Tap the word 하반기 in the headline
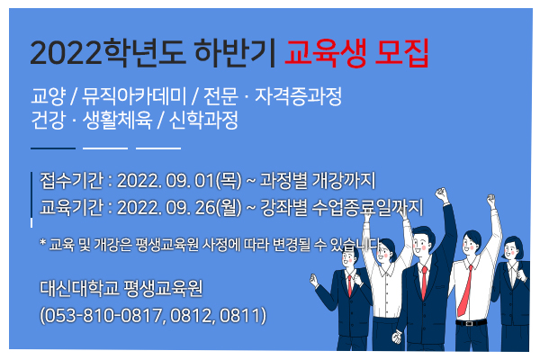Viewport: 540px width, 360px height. (x=235, y=53)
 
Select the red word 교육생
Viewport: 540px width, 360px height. (x=325, y=53)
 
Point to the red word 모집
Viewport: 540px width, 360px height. (x=401, y=53)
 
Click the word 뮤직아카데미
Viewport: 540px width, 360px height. (x=134, y=96)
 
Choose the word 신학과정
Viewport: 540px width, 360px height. (x=203, y=120)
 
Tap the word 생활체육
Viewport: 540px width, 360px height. (x=117, y=120)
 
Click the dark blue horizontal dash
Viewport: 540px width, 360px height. (x=53, y=148)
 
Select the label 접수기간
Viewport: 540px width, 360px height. (x=72, y=180)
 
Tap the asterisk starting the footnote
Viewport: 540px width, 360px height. (x=42, y=242)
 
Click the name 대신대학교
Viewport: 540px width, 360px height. (x=79, y=288)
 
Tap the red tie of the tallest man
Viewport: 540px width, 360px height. (x=424, y=282)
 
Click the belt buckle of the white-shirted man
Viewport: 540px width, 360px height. (x=468, y=323)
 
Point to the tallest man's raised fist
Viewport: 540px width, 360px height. (x=441, y=195)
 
